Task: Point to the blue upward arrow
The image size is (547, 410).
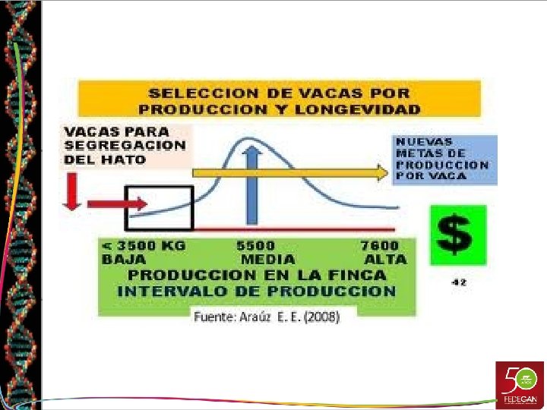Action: [253, 186]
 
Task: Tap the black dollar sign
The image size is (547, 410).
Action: [457, 235]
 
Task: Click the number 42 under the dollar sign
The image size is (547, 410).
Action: [458, 282]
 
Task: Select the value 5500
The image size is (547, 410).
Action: [256, 246]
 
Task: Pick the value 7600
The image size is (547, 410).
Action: [379, 246]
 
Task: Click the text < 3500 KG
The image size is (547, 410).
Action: [144, 246]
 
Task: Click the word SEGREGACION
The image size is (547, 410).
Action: [125, 146]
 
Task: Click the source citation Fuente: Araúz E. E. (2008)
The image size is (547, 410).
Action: [267, 317]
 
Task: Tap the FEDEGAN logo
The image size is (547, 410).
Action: [520, 384]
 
